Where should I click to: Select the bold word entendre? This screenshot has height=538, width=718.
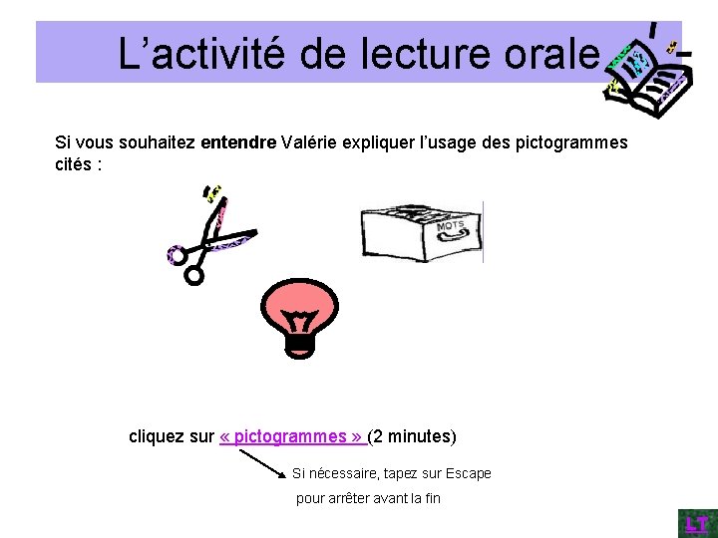238,142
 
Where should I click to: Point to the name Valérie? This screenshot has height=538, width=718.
311,142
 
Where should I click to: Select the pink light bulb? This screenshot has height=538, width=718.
299,309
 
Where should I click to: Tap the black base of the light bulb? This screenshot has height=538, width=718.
299,345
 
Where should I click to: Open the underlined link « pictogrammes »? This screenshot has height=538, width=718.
292,436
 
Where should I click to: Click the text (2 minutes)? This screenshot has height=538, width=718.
413,436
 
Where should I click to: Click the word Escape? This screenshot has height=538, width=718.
468,473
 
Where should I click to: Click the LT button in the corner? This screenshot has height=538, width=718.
695,524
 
